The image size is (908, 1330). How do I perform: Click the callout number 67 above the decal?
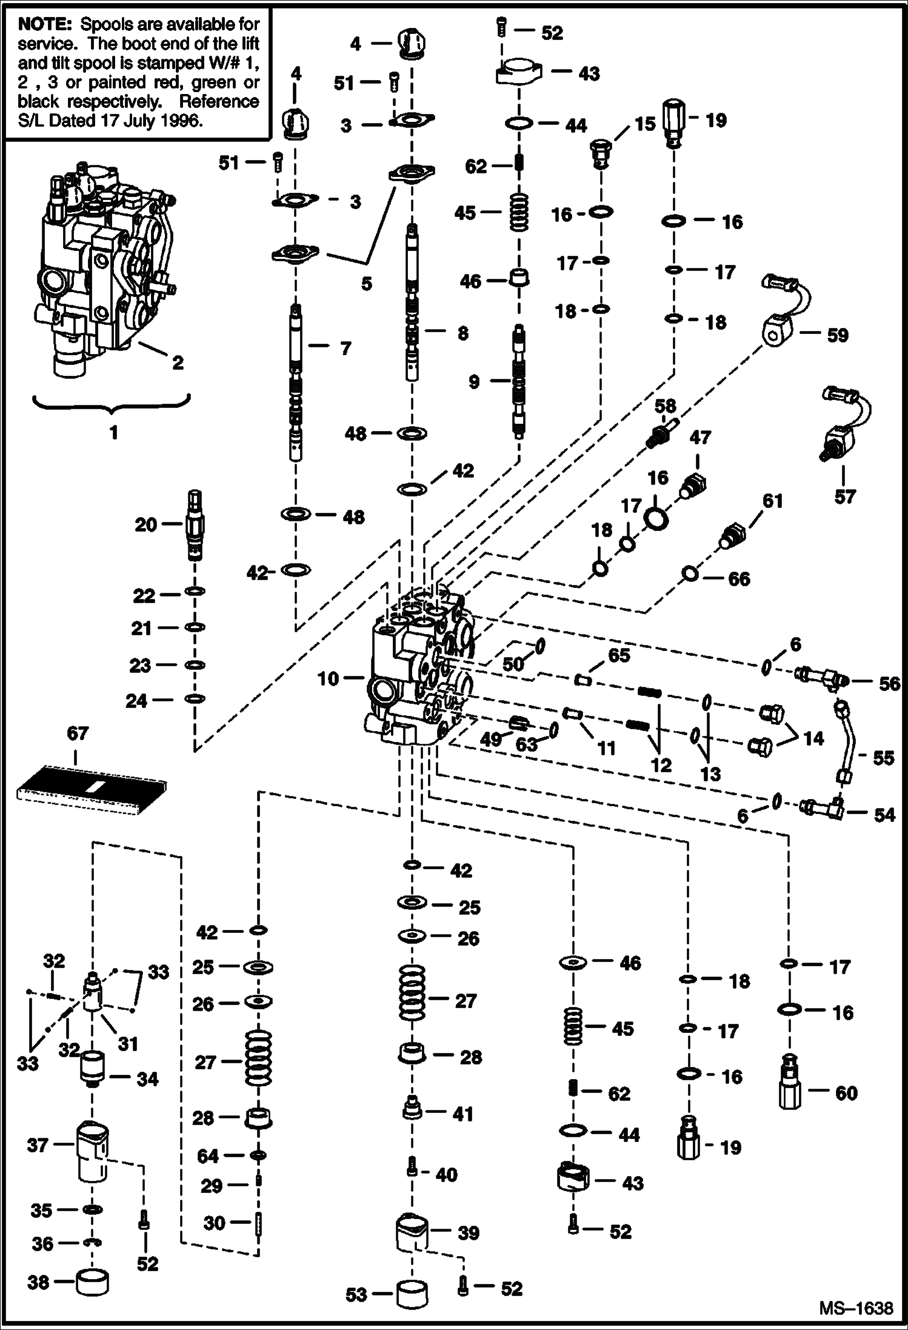[x=78, y=734]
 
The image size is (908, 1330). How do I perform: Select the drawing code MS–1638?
[x=856, y=1308]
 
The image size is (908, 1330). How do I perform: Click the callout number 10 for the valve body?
[x=328, y=678]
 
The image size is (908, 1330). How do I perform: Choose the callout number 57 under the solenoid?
[x=844, y=497]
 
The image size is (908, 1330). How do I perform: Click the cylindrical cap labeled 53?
[x=412, y=1294]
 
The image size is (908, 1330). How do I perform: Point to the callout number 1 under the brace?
[x=113, y=433]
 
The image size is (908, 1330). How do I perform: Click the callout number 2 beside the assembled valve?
[x=178, y=363]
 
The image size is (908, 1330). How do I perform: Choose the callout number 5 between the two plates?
[x=366, y=284]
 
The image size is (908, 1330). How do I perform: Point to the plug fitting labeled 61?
[x=732, y=535]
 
